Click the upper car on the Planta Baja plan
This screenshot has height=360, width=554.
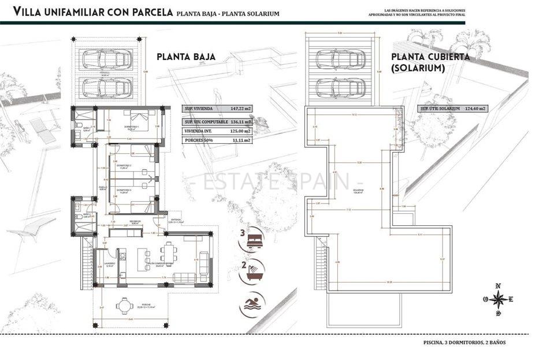pyautogui.click(x=105, y=59)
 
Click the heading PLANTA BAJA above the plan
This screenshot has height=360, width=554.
pyautogui.click(x=186, y=57)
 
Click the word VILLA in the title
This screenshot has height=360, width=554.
pyautogui.click(x=28, y=11)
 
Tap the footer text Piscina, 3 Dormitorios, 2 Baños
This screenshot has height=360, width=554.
pyautogui.click(x=463, y=343)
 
